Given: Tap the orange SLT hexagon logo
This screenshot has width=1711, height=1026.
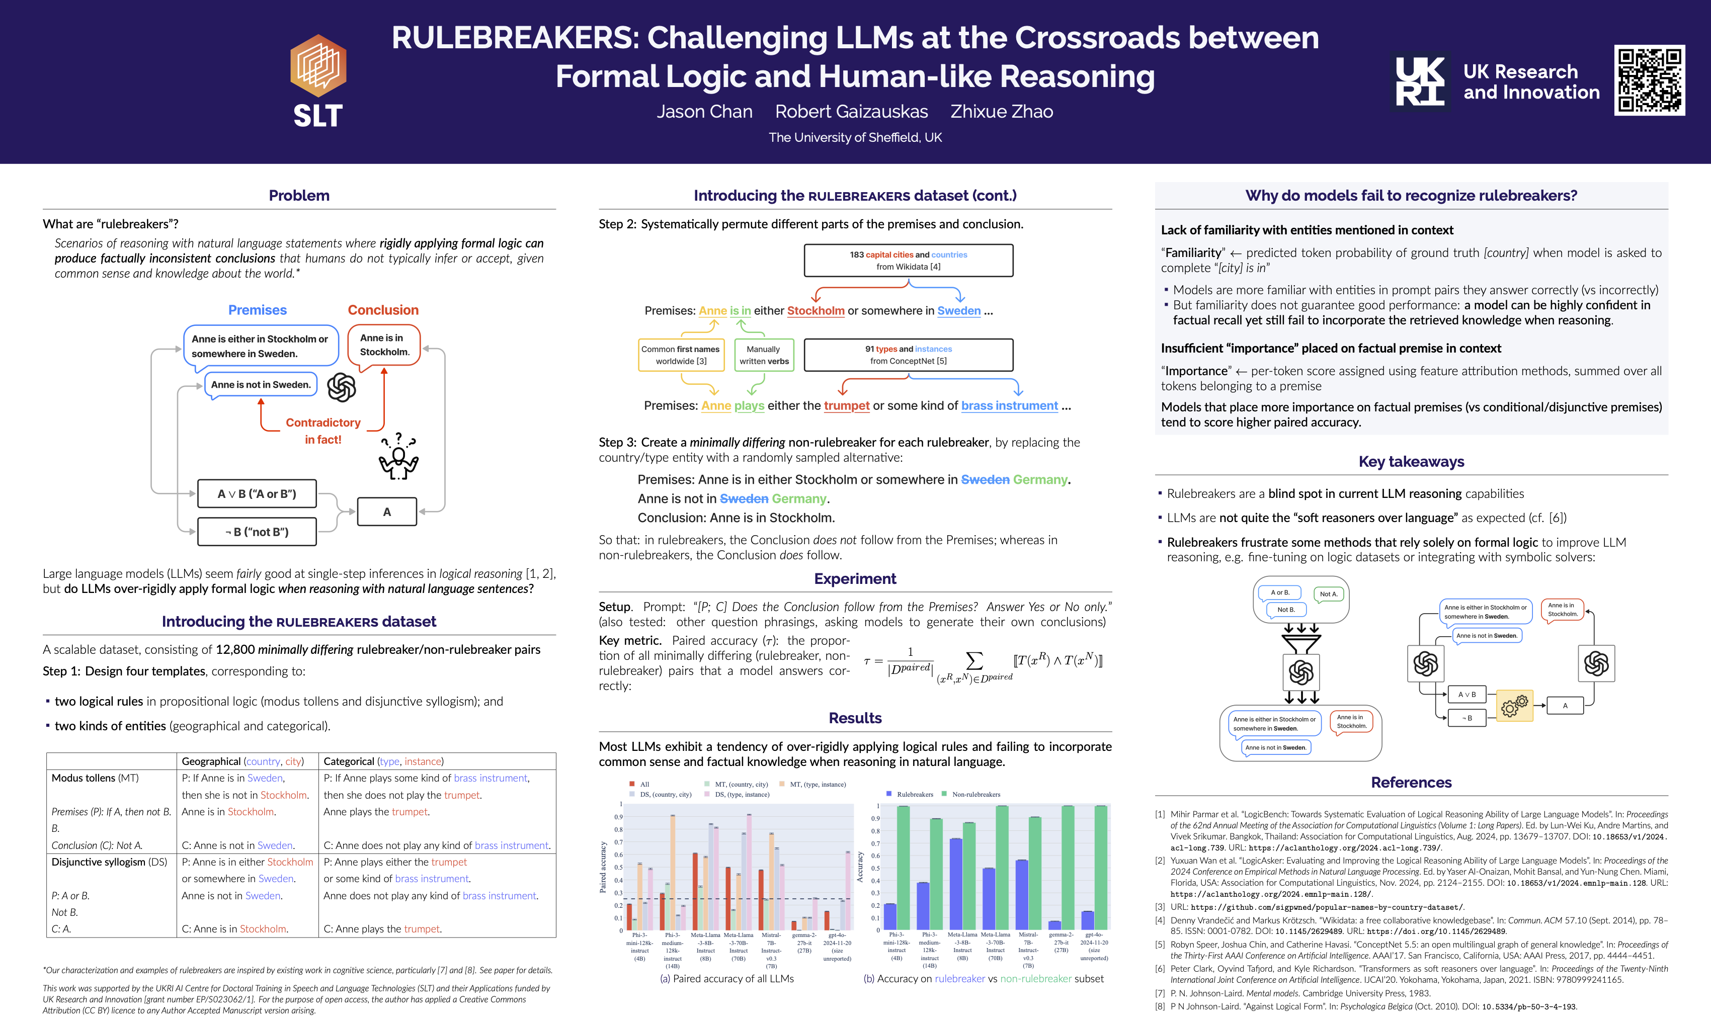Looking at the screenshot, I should tap(318, 66).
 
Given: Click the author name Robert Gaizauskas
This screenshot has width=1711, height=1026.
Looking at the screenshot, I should tap(851, 111).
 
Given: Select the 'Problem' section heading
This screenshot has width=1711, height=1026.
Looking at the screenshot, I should tap(299, 196).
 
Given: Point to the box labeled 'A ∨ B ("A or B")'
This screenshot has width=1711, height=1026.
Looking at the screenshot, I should tap(257, 494).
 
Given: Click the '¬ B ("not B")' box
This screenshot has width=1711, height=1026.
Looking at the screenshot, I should tap(257, 532).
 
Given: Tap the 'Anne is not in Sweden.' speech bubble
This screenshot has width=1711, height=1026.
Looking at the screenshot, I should tap(261, 384).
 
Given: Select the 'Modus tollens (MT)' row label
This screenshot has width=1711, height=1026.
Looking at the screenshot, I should tap(95, 778).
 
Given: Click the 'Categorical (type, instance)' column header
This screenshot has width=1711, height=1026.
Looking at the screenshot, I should tap(383, 761).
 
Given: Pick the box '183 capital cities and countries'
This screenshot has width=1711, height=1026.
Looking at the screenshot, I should tap(908, 260).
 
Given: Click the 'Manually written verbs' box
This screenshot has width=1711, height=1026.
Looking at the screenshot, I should tap(764, 355).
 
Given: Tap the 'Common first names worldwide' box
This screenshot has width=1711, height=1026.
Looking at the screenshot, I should tap(681, 355).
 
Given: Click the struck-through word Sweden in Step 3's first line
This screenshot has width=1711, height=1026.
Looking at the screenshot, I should tap(985, 480).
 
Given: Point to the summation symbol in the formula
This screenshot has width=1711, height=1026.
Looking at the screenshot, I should tap(974, 660).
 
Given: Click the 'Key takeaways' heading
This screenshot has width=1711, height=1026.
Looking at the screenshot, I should tap(1411, 462).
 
